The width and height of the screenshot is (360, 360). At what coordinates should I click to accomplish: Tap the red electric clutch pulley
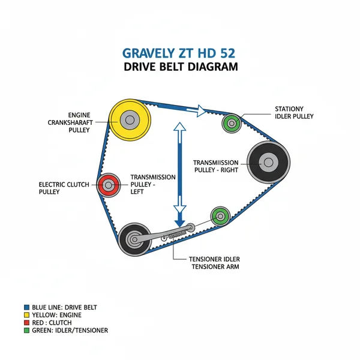pos(108,185)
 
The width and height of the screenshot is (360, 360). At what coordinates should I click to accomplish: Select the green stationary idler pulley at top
pos(231,124)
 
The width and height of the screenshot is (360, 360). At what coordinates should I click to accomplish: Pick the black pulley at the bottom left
pos(134,239)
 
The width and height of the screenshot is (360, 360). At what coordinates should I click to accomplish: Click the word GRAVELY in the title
pos(148,52)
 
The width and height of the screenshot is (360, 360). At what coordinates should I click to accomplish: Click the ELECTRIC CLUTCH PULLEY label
pos(61,188)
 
